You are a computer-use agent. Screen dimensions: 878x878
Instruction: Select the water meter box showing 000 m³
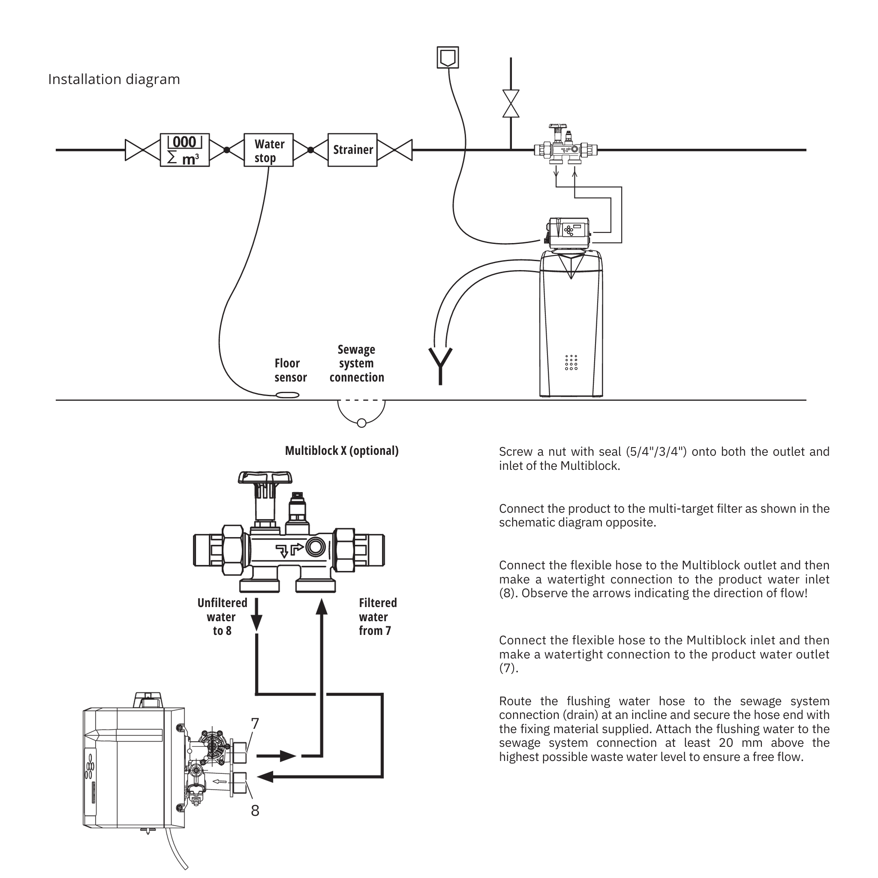(185, 150)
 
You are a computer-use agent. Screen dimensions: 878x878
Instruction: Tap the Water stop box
(268, 150)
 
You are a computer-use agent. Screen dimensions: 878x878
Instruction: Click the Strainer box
(353, 150)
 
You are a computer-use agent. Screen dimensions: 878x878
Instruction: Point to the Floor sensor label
(290, 370)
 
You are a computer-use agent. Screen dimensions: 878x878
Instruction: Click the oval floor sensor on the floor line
(288, 395)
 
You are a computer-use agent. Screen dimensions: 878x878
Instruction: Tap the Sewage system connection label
(357, 364)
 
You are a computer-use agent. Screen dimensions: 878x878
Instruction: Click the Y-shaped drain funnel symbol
(440, 366)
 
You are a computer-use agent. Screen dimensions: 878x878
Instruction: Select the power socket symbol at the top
(448, 57)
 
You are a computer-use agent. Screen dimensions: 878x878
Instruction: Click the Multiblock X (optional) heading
(342, 451)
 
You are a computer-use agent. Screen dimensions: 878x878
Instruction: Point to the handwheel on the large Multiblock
(265, 478)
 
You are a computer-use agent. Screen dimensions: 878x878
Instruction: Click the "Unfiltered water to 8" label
(222, 616)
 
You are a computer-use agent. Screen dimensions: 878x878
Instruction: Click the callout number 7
(255, 724)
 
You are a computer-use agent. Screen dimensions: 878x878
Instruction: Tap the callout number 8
(255, 810)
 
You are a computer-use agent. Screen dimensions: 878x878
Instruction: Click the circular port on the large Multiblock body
(316, 547)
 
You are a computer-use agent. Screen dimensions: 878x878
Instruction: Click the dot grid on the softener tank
(571, 363)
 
